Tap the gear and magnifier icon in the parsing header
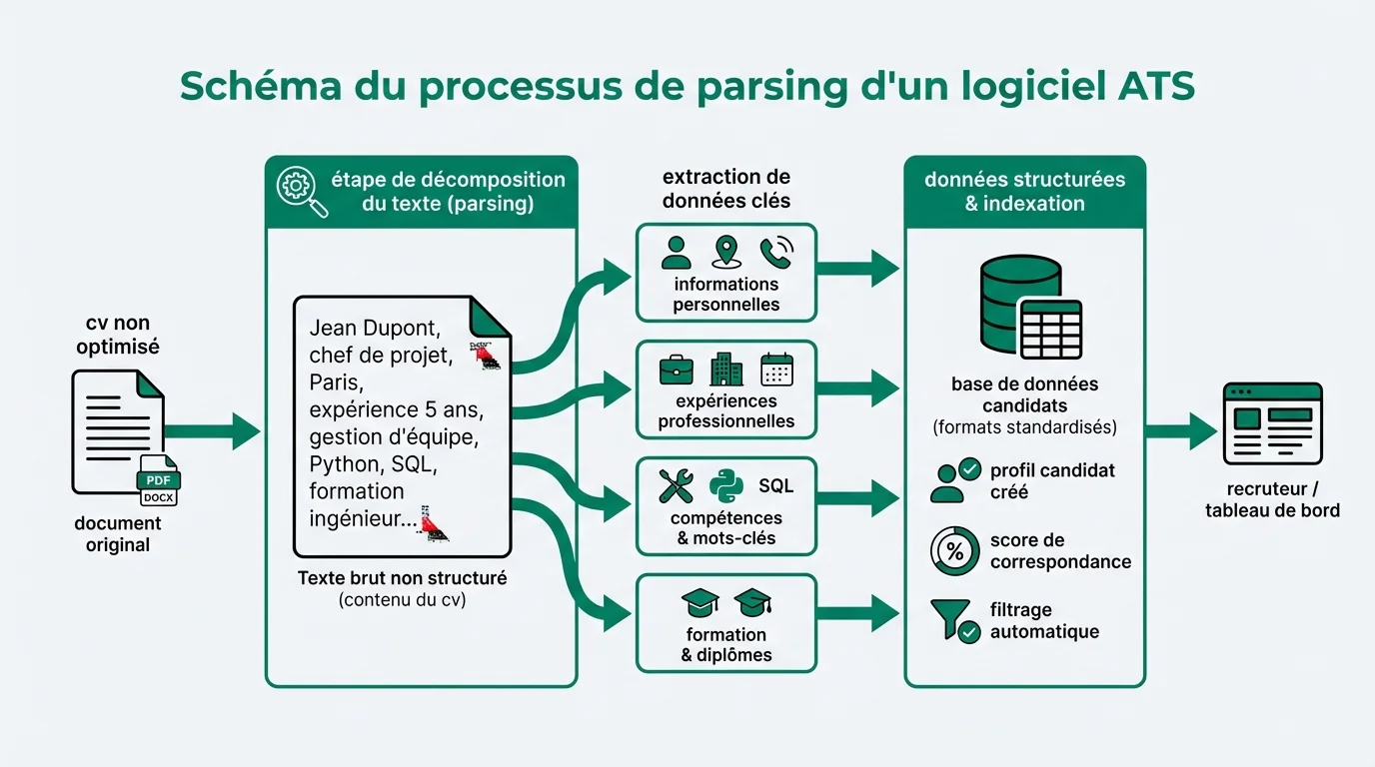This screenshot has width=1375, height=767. tap(301, 191)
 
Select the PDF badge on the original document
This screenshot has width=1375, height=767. tap(158, 480)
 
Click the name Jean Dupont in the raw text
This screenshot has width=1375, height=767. tap(375, 328)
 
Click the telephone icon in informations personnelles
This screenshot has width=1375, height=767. tap(775, 253)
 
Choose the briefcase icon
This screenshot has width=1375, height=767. tap(677, 370)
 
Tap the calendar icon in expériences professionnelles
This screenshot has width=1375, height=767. tap(775, 370)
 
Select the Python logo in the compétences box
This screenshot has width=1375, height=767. tap(725, 486)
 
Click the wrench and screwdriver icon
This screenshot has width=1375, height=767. tap(677, 486)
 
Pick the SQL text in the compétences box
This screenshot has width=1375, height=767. tap(775, 486)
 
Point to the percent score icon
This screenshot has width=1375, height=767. tap(954, 550)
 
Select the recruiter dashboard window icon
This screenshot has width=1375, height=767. tap(1272, 424)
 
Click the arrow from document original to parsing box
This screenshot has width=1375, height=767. tap(212, 431)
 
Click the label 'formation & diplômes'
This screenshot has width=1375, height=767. tap(726, 645)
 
